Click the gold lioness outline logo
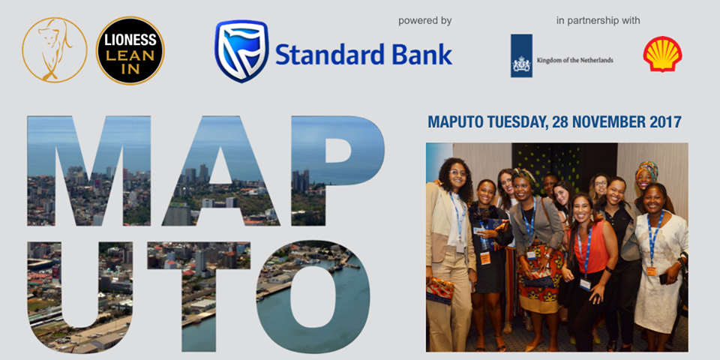(55, 49)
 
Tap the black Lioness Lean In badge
(130, 50)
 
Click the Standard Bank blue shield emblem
(241, 51)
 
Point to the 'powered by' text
(424, 21)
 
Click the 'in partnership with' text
(598, 21)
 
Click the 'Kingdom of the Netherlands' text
(575, 60)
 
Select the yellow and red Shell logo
(662, 54)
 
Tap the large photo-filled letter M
(88, 171)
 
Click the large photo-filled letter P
(338, 171)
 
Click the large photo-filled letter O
(313, 297)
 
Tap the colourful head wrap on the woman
(646, 169)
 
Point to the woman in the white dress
(658, 266)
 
